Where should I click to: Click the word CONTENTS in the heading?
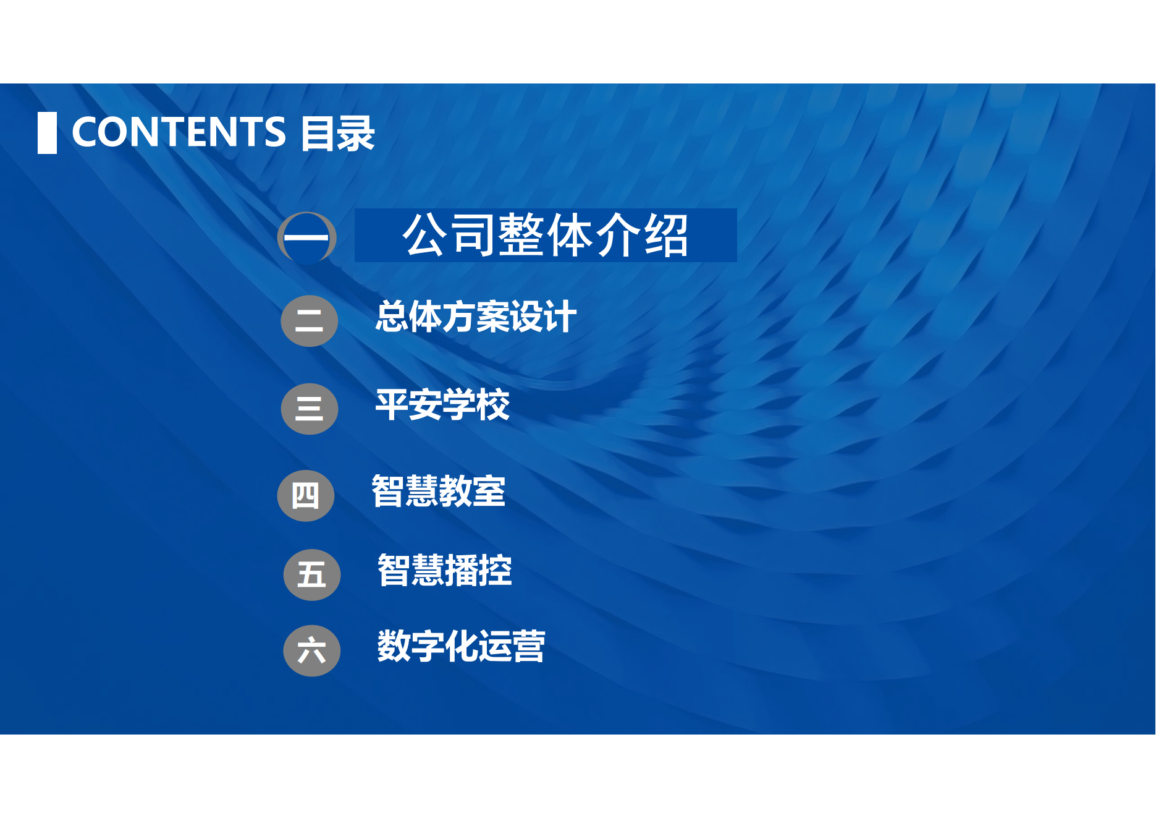[x=179, y=132]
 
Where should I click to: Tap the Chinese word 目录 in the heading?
[x=337, y=133]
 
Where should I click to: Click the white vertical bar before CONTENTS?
[x=47, y=133]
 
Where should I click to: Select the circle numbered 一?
[x=307, y=238]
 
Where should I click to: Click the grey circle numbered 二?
[x=310, y=321]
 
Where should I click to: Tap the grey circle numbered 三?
[x=310, y=409]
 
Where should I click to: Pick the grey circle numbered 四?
[x=306, y=496]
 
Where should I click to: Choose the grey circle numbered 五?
[x=312, y=575]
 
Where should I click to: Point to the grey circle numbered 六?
[x=312, y=651]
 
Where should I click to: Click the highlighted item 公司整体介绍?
[x=546, y=236]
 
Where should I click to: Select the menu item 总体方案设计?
[x=476, y=317]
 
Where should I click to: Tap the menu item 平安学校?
[x=442, y=405]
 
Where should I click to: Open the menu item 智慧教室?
[x=439, y=492]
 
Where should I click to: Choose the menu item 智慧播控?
[x=445, y=570]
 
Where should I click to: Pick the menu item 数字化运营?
[x=462, y=647]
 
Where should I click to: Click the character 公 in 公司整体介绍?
[x=426, y=236]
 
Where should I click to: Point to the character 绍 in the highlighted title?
[x=667, y=236]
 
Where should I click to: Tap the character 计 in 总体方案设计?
[x=560, y=317]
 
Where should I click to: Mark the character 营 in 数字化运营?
[x=528, y=647]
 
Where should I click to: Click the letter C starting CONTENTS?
[x=85, y=132]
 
